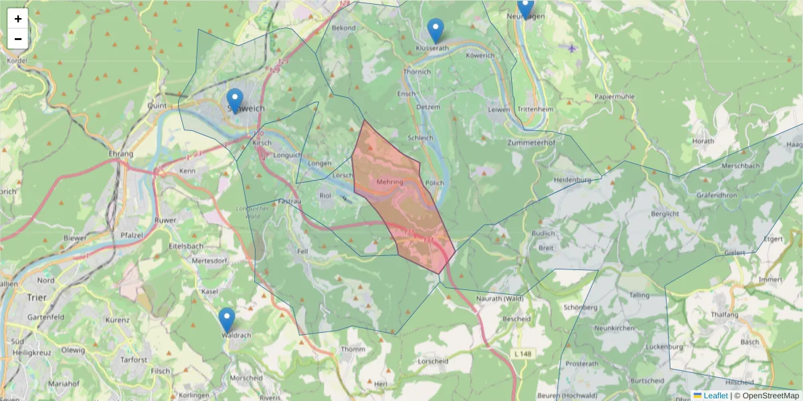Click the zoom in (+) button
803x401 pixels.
coord(18,19)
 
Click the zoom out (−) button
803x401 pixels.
coord(18,39)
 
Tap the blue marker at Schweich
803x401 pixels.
coord(235,100)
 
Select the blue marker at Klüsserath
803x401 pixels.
coord(436,30)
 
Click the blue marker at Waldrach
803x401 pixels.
coord(227,319)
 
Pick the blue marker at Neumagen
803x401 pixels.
coord(525,7)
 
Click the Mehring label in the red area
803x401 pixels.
coord(390,182)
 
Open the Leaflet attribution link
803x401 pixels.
coord(713,396)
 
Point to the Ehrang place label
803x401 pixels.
coord(120,154)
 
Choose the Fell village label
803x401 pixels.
coord(302,251)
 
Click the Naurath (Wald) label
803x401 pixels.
coord(500,298)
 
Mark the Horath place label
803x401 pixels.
coord(703,141)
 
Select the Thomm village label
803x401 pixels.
coord(353,350)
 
